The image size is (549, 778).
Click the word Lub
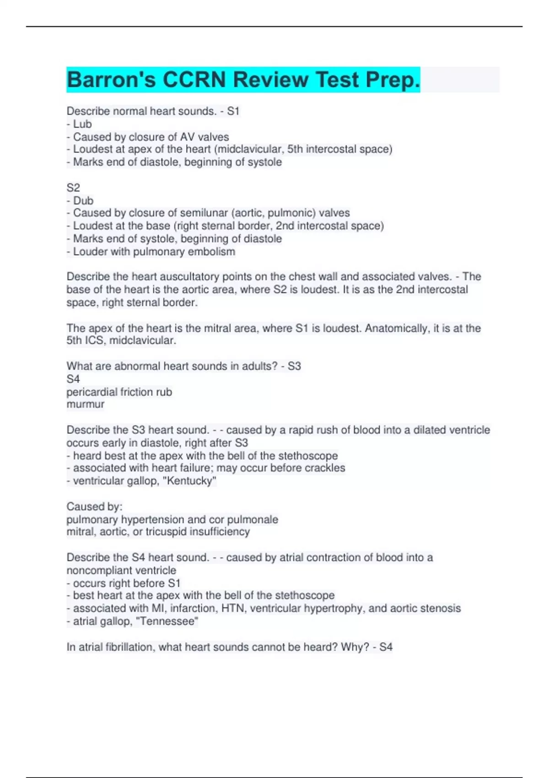[x=82, y=124]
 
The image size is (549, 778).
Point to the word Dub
[x=83, y=200]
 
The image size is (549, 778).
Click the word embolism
[x=214, y=251]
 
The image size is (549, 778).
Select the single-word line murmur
[x=86, y=404]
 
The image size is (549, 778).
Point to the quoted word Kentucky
[x=190, y=481]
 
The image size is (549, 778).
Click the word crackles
[x=326, y=468]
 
